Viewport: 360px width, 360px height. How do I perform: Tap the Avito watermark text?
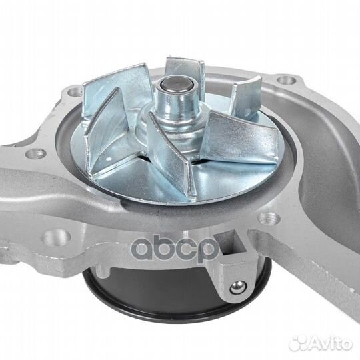(x=331, y=343)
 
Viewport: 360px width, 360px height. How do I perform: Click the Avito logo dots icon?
(x=298, y=343)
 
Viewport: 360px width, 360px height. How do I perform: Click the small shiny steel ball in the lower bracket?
(x=237, y=286)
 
